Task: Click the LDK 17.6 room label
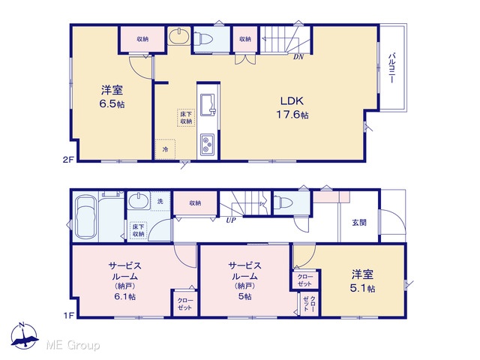coord(292,108)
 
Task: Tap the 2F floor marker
coord(69,159)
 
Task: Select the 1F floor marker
coord(69,315)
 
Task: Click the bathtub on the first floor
coord(85,217)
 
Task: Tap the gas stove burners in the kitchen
coord(208,145)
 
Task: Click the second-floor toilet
coord(203,39)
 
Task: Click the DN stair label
coord(298,57)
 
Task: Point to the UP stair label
coord(231,220)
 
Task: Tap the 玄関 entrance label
coord(359,223)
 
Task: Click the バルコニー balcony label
coord(391,68)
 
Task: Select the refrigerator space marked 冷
coord(165,149)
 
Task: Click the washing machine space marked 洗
coord(160,202)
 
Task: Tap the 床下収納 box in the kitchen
coord(186,118)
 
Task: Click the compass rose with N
coord(24,336)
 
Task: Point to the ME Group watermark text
coord(73,345)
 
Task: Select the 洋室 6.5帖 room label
coord(112,97)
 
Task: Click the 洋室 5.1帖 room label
coord(363,281)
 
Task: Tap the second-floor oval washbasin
coord(179,37)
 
